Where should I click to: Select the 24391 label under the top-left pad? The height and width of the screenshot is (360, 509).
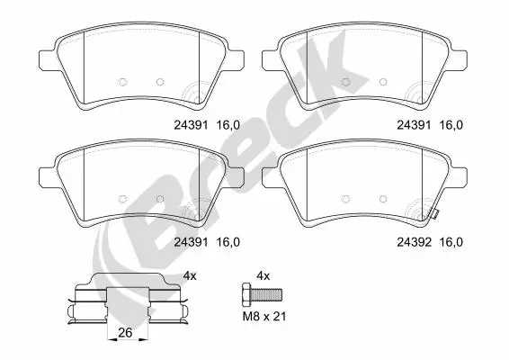[189, 129]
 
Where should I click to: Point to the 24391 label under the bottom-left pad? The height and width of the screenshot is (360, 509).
[189, 241]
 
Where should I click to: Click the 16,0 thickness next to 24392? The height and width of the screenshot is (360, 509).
[451, 241]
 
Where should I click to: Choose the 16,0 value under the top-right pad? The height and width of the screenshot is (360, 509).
[451, 129]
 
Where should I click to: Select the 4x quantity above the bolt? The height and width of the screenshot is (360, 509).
[263, 274]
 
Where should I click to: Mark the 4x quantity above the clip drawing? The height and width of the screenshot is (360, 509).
[190, 274]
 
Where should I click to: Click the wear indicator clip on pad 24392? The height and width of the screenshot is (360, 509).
[432, 213]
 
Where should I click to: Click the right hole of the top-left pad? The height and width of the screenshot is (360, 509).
[160, 81]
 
